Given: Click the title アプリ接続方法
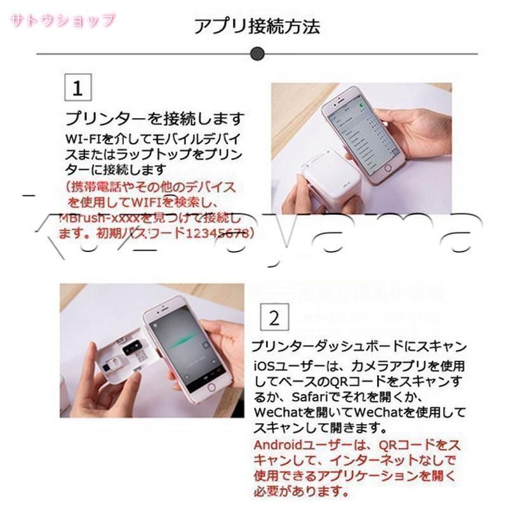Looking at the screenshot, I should click(x=257, y=26).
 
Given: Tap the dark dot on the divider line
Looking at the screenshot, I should click(x=257, y=53).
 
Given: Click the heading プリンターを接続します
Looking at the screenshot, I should click(x=155, y=119).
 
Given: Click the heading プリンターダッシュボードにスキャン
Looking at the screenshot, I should click(x=359, y=347).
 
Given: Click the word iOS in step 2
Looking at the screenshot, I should click(x=265, y=366).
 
